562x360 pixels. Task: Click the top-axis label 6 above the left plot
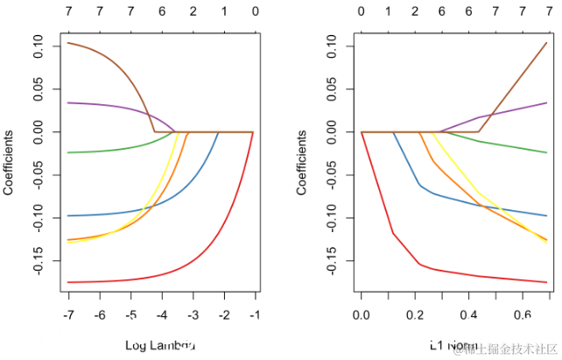(162, 13)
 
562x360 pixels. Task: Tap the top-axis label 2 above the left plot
(193, 13)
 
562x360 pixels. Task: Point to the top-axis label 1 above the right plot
(388, 13)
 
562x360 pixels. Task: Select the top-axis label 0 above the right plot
(362, 13)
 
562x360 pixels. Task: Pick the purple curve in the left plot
(114, 107)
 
